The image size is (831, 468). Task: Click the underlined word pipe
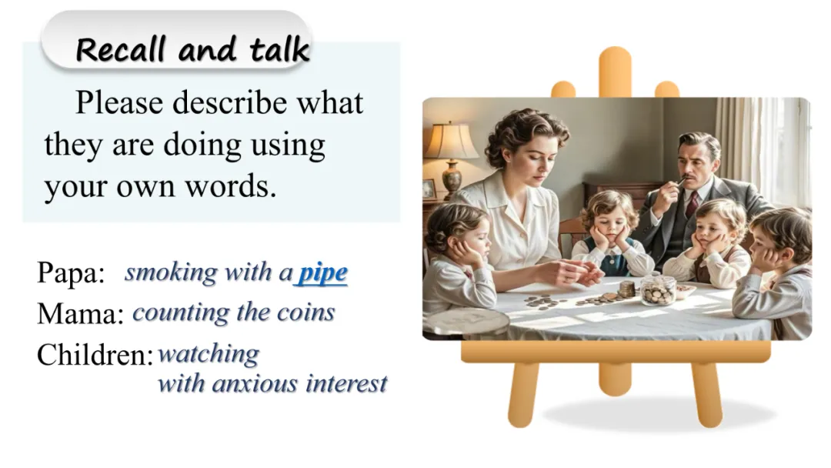click(x=322, y=273)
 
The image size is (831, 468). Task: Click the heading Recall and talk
click(x=192, y=49)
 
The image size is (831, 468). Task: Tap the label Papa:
click(x=71, y=273)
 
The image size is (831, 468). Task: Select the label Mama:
click(x=80, y=313)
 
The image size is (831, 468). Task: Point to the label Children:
click(x=95, y=355)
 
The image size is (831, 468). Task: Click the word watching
click(x=209, y=354)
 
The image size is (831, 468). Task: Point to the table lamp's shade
click(x=451, y=140)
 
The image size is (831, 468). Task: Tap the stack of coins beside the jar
click(x=626, y=289)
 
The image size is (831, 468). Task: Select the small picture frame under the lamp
click(x=429, y=189)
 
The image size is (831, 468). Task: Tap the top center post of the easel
click(x=615, y=72)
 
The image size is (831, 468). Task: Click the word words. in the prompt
click(x=231, y=186)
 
